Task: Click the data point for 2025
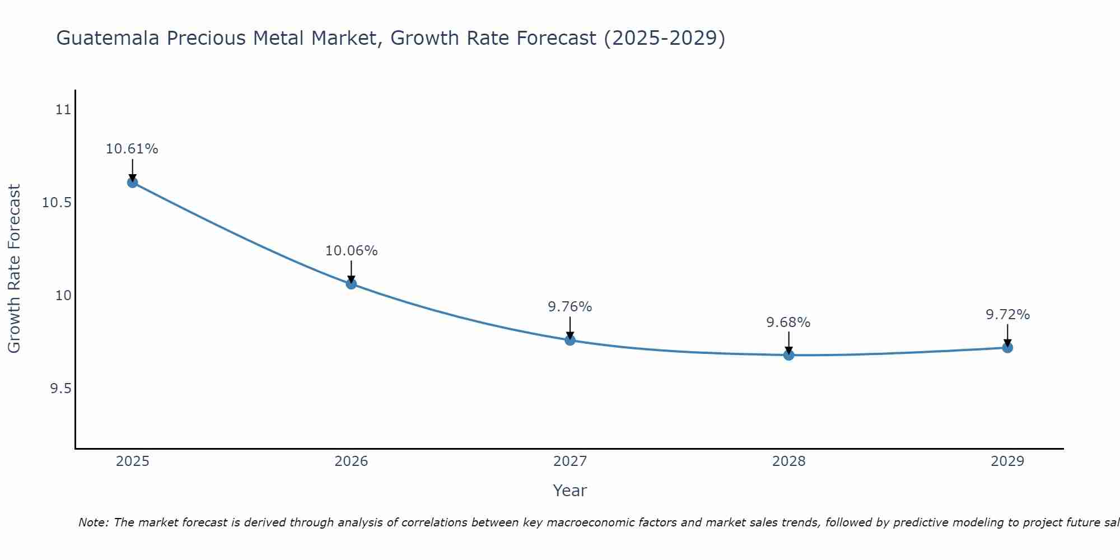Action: [133, 182]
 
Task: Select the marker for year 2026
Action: [351, 284]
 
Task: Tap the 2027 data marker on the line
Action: [570, 340]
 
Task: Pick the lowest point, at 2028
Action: [788, 354]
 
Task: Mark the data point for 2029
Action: [1007, 347]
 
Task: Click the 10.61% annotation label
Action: [132, 149]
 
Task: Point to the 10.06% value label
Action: [351, 251]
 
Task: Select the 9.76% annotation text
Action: [570, 307]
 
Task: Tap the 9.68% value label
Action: [788, 323]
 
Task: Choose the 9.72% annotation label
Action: [1007, 315]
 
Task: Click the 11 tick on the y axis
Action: [64, 109]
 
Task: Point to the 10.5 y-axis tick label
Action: [57, 202]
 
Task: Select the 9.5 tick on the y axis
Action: [61, 389]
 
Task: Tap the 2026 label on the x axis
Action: [351, 461]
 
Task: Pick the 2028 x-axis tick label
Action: [788, 461]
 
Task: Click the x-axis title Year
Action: [570, 491]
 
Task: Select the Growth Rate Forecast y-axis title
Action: [14, 268]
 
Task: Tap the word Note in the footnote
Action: [93, 522]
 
